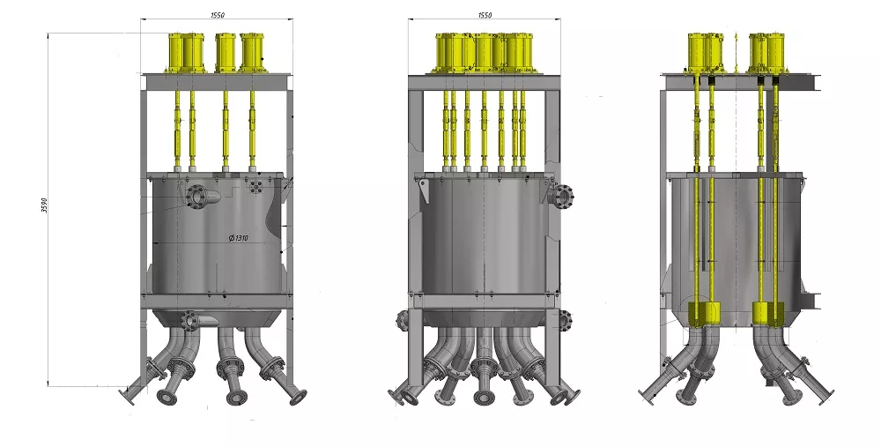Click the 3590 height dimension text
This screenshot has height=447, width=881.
(x=45, y=205)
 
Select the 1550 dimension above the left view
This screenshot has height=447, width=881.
(x=218, y=15)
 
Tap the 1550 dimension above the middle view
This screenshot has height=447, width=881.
(x=485, y=15)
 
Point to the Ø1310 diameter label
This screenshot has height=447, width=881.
(x=238, y=238)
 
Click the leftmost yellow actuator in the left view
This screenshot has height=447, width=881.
(x=176, y=53)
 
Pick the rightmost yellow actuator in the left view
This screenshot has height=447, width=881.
(x=252, y=53)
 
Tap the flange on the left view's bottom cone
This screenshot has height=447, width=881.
(x=189, y=321)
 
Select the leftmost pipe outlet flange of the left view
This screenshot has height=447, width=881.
(x=128, y=396)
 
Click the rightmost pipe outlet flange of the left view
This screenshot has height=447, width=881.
(x=298, y=398)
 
